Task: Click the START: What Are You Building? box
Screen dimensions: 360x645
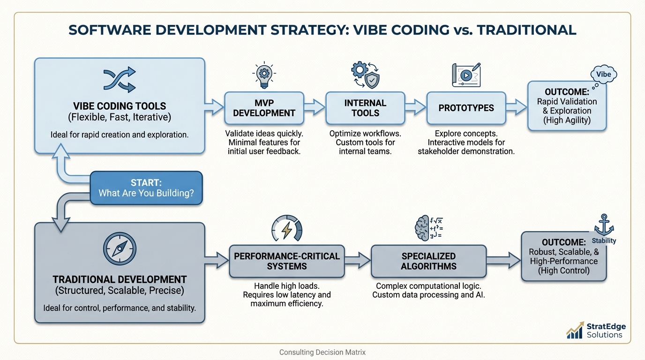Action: pos(146,188)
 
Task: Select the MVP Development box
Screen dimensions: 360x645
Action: pos(264,108)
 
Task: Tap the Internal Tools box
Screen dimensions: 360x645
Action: pos(365,108)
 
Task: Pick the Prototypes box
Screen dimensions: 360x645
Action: pos(466,108)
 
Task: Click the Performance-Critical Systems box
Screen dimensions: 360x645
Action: pos(286,261)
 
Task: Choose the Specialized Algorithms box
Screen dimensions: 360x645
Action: pos(428,261)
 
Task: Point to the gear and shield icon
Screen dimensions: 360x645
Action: pos(365,75)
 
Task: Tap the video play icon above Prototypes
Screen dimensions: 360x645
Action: pos(466,75)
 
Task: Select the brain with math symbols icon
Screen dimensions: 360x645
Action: pos(428,228)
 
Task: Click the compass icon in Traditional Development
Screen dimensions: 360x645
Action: pos(120,248)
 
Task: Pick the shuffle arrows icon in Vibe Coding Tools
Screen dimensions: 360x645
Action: pos(120,79)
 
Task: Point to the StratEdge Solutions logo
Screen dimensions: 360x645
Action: pos(596,330)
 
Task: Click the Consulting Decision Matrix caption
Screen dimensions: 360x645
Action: pos(322,352)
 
